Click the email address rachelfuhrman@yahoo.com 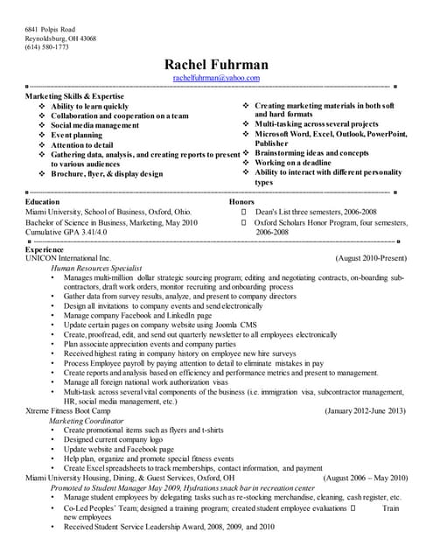point(216,78)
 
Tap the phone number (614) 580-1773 point(45,47)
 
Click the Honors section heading point(241,201)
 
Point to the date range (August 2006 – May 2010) point(365,478)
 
